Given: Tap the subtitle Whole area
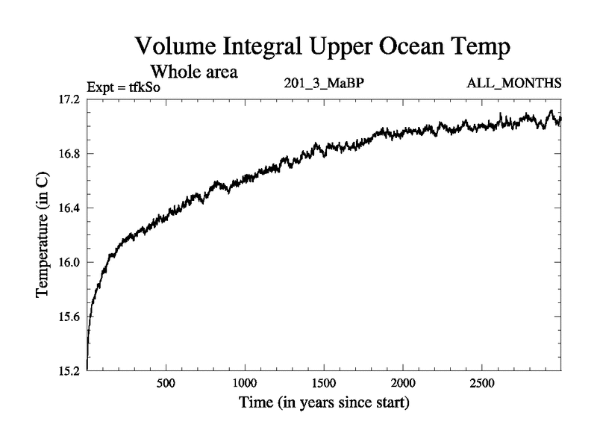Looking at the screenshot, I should click(x=194, y=72).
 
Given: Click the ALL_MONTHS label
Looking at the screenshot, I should click(x=512, y=83).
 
